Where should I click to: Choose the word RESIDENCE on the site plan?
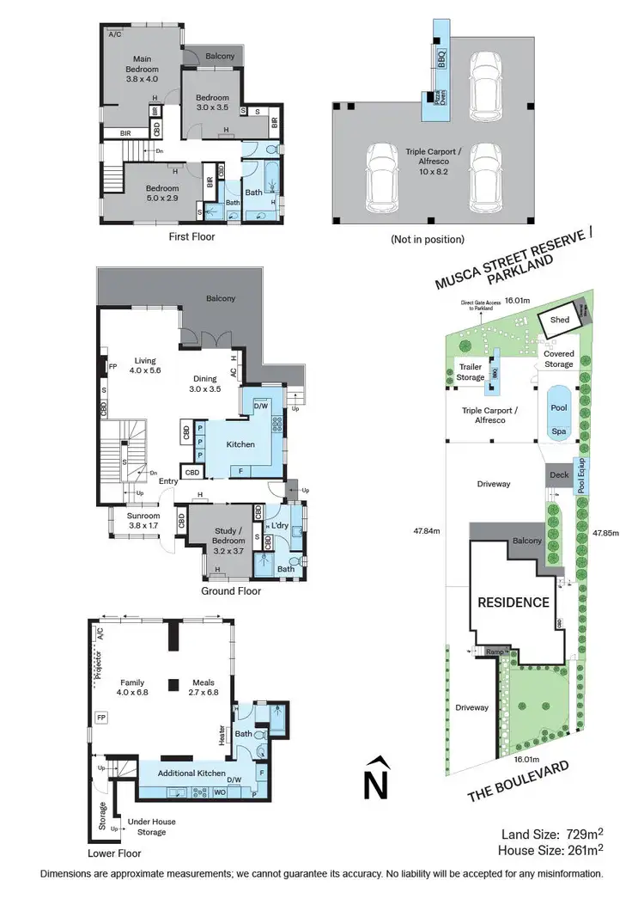pyautogui.click(x=513, y=602)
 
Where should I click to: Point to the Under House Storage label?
pyautogui.click(x=146, y=827)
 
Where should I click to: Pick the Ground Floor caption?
pyautogui.click(x=231, y=590)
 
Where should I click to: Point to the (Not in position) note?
pyautogui.click(x=427, y=239)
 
